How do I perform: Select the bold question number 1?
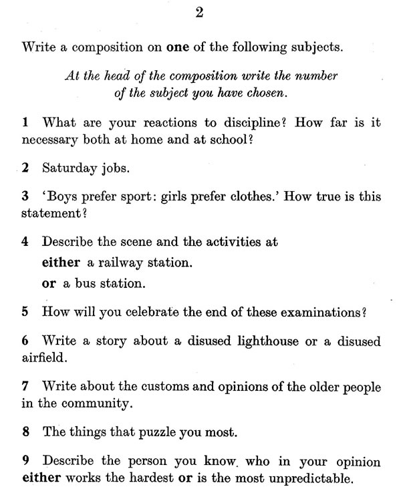[x=25, y=123]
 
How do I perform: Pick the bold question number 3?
[x=25, y=198]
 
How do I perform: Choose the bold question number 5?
[x=25, y=312]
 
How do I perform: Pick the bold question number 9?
[x=25, y=462]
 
